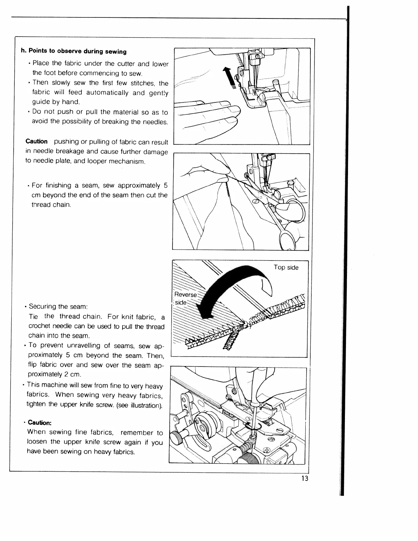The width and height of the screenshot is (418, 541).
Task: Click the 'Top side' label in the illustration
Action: (286, 267)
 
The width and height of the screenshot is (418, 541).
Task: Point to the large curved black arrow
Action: (232, 287)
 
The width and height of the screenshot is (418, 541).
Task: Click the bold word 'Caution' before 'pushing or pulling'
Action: (37, 141)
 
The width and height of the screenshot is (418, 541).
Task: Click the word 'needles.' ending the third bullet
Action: (156, 122)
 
